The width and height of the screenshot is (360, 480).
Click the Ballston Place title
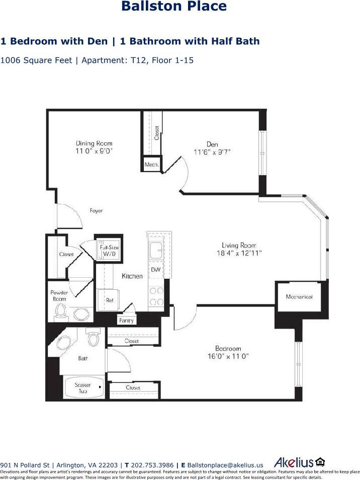[174, 7]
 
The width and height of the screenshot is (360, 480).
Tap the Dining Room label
[94, 143]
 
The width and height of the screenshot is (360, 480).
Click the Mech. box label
[151, 165]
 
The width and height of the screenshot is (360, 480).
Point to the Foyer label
[96, 211]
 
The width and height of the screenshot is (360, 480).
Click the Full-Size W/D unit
[109, 250]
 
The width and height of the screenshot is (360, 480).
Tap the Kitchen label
[132, 276]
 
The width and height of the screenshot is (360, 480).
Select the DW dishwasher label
[155, 270]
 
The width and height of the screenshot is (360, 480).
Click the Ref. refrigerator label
[110, 300]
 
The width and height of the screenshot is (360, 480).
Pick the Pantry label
[126, 320]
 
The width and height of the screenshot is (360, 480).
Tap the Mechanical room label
[299, 296]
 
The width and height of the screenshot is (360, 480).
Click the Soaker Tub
[83, 388]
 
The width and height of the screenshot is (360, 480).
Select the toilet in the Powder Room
[61, 311]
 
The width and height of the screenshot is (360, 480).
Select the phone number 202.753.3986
[152, 465]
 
